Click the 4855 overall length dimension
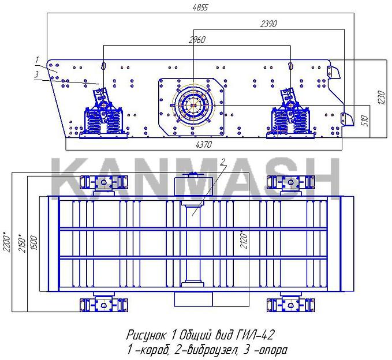(x=200, y=7)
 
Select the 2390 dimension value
(x=269, y=24)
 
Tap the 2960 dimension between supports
(x=197, y=40)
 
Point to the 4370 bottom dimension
(x=204, y=144)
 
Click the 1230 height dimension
(x=382, y=97)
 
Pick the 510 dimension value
(x=365, y=121)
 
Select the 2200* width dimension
(x=7, y=242)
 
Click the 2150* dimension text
(x=22, y=243)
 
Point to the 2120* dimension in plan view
(x=244, y=239)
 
